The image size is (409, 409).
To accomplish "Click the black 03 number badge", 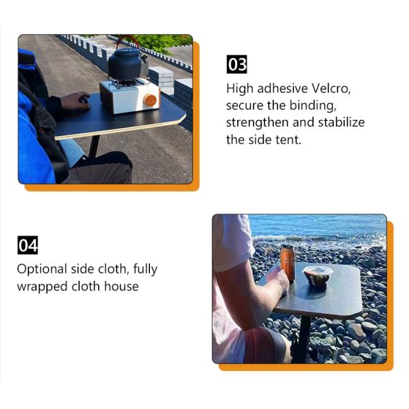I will click(237, 65).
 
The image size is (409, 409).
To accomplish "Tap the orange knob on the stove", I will click(150, 100).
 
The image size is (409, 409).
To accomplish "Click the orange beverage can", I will click(288, 263).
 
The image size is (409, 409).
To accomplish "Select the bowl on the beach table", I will click(318, 276).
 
